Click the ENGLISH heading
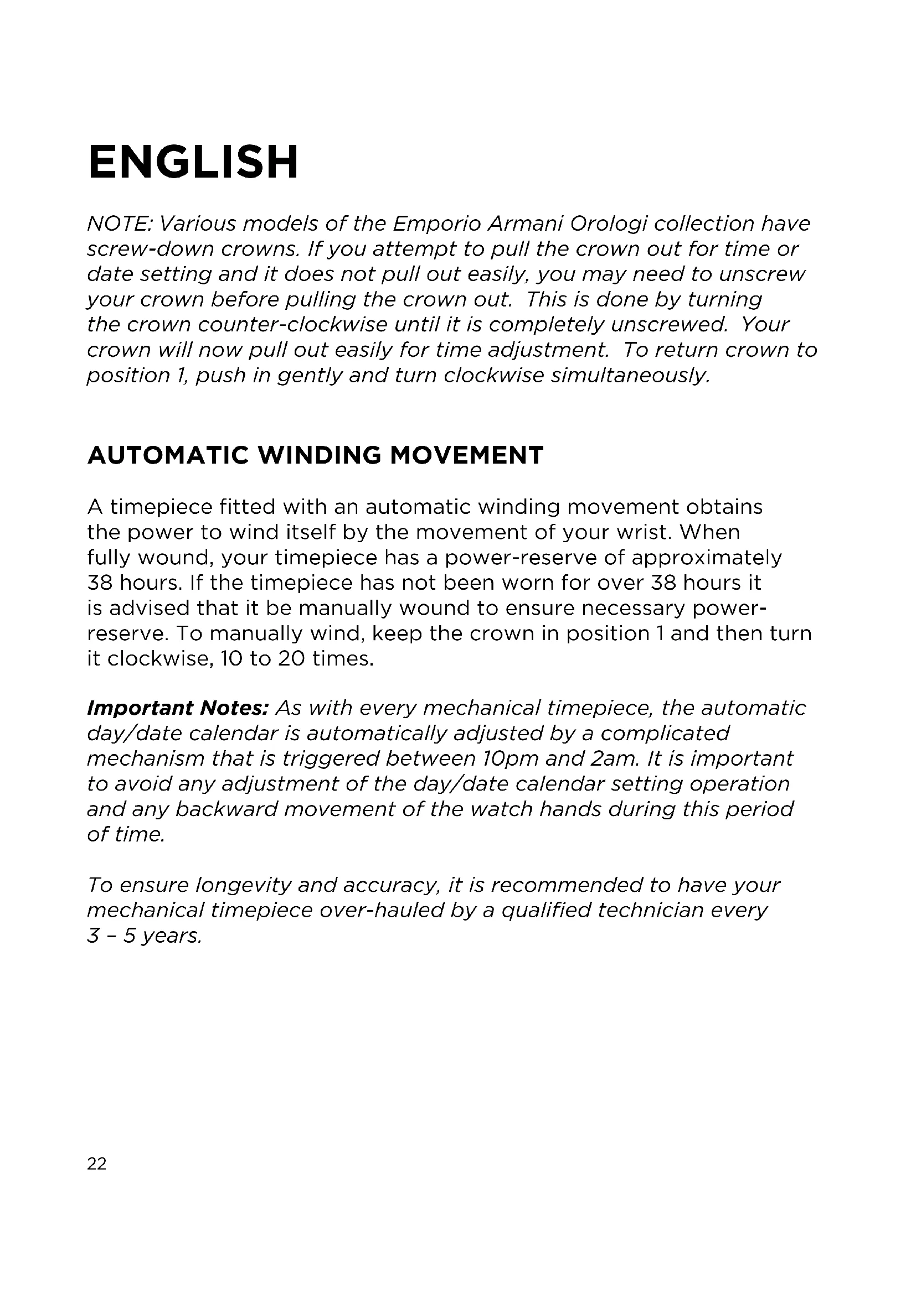pos(193,162)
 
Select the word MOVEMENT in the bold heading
pos(466,455)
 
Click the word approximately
pos(706,558)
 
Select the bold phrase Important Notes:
pos(177,708)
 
